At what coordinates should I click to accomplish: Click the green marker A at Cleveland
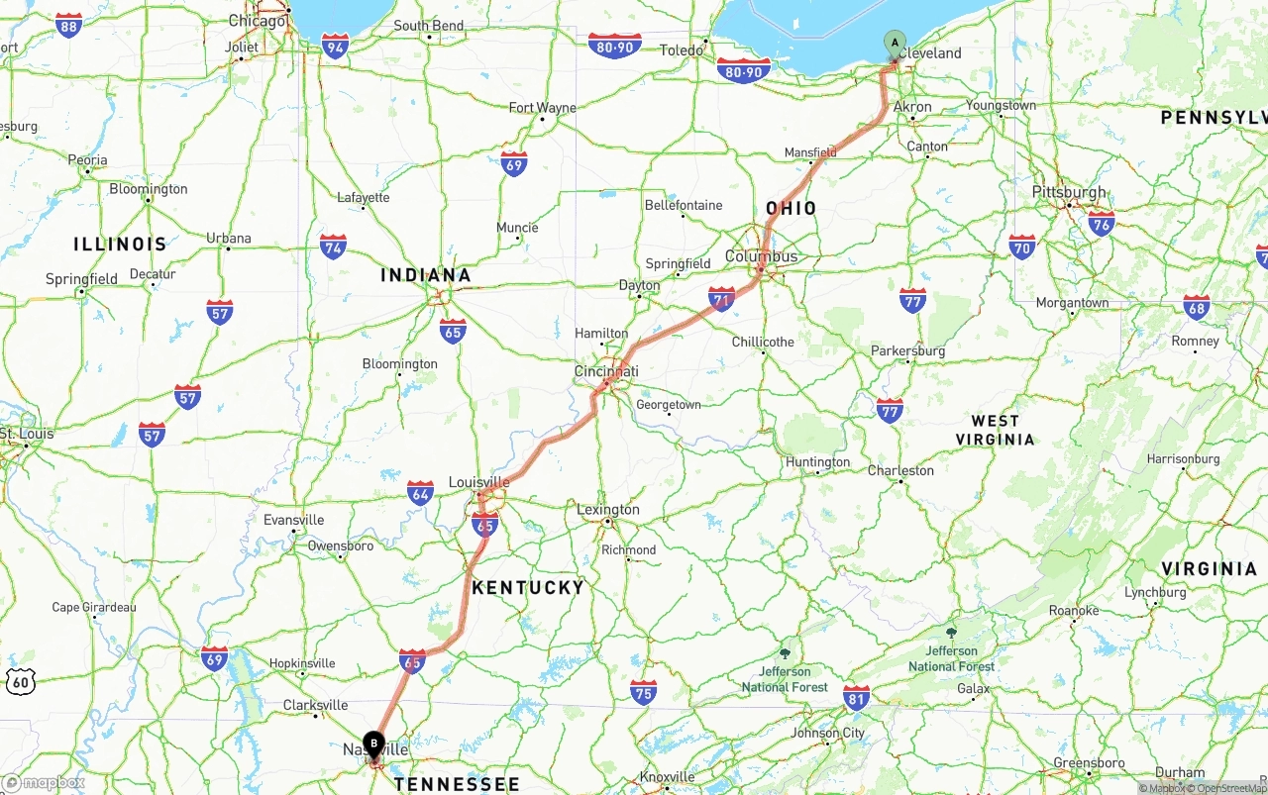[x=894, y=43]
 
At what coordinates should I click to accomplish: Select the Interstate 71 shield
[x=721, y=298]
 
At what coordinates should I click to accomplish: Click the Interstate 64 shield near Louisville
[x=420, y=492]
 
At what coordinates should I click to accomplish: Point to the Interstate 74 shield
[x=334, y=246]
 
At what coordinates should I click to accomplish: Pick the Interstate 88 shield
[x=68, y=26]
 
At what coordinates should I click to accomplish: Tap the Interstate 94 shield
[x=336, y=46]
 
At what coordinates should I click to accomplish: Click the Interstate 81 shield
[x=857, y=696]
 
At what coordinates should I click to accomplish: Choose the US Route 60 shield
[x=20, y=681]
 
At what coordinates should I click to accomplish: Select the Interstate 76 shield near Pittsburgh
[x=1101, y=222]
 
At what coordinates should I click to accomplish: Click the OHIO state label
[x=792, y=208]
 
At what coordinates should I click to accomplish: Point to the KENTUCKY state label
[x=528, y=587]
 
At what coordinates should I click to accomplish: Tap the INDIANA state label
[x=426, y=275]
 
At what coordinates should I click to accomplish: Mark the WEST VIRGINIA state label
[x=996, y=430]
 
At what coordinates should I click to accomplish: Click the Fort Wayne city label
[x=542, y=108]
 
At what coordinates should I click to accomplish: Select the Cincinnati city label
[x=606, y=372]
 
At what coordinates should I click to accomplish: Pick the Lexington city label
[x=608, y=510]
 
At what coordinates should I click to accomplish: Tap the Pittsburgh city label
[x=1069, y=192]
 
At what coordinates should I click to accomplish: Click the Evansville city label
[x=293, y=520]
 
